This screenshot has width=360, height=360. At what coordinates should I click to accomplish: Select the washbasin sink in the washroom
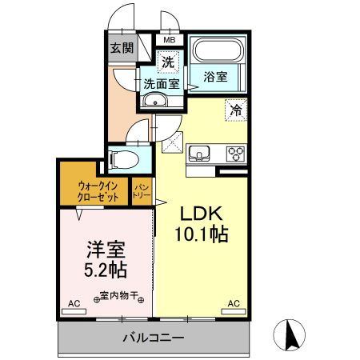(x=154, y=100)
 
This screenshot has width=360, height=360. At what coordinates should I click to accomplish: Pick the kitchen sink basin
(x=200, y=153)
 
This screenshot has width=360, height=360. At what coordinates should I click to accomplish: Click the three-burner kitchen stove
(x=235, y=153)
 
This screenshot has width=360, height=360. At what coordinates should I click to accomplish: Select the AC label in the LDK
(x=234, y=303)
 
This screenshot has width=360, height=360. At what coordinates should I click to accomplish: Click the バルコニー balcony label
(x=153, y=338)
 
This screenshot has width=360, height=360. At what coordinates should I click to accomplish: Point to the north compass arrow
(x=292, y=334)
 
